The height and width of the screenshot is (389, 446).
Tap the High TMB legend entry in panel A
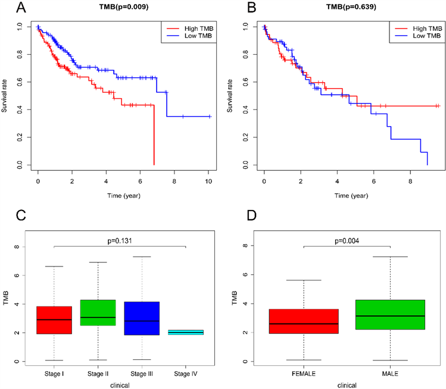189,27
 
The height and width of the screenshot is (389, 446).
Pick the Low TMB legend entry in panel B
415,36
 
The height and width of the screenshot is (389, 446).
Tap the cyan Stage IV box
186,332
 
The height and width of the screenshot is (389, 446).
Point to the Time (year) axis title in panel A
123,193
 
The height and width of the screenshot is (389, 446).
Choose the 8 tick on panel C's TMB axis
25,246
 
